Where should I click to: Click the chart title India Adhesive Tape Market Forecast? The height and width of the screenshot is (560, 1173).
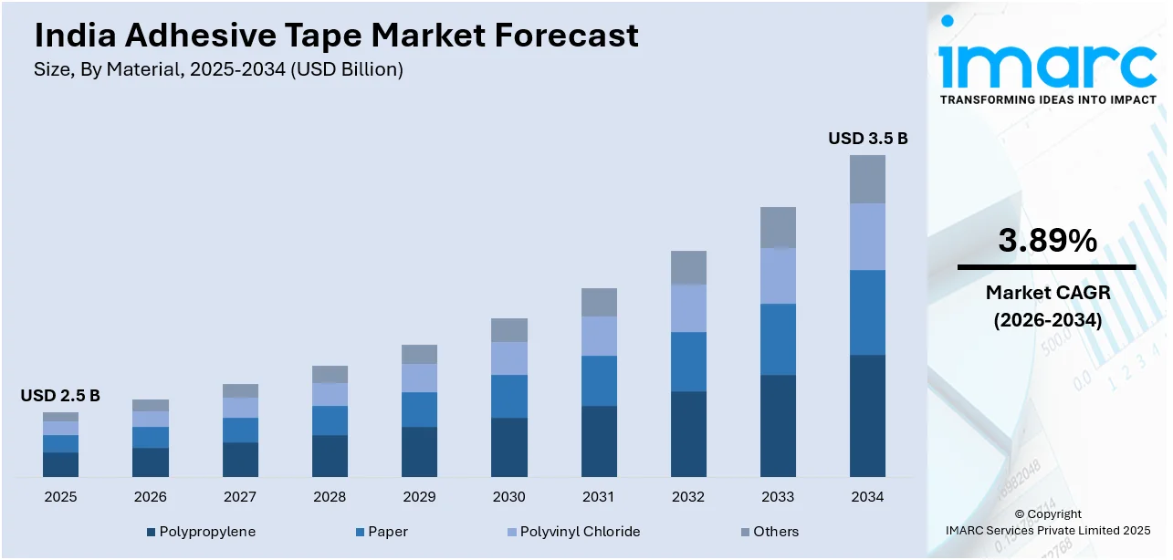[336, 36]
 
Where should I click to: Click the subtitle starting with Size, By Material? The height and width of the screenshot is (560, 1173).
[218, 69]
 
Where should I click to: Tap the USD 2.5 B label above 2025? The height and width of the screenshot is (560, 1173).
[60, 396]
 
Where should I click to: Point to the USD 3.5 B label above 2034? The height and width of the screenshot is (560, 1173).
[867, 139]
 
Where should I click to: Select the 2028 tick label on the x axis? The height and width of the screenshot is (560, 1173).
[330, 497]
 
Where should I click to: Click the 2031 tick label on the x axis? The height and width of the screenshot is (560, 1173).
[599, 497]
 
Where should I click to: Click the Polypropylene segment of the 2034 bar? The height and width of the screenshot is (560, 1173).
[867, 416]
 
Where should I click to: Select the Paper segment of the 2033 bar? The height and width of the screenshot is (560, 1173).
[778, 339]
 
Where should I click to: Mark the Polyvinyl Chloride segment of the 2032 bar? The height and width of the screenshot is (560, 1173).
[688, 308]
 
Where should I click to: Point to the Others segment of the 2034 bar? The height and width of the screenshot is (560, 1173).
[867, 179]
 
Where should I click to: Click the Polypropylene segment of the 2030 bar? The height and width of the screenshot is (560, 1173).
[509, 447]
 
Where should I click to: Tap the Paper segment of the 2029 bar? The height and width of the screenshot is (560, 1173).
[419, 410]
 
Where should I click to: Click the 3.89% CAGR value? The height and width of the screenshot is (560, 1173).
[1046, 241]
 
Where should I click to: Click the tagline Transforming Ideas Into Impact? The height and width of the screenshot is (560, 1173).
[1047, 99]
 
